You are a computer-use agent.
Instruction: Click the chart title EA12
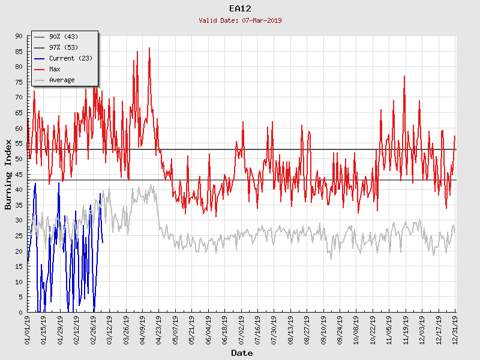click(x=240, y=8)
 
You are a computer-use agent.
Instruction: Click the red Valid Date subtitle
click(x=240, y=20)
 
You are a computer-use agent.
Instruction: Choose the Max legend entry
click(x=55, y=70)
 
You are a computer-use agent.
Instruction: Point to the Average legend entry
click(x=62, y=80)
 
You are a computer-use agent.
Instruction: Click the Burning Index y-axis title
click(x=8, y=174)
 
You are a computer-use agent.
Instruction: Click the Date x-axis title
click(x=242, y=353)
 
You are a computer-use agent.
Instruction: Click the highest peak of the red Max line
click(x=149, y=48)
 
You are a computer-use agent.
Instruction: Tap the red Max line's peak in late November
click(x=404, y=76)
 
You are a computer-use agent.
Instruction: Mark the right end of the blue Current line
click(x=103, y=242)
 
